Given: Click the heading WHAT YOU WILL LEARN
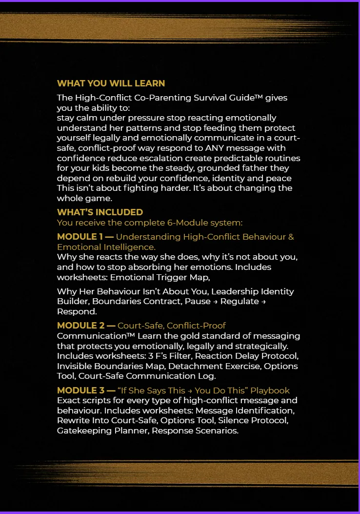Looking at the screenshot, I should (x=111, y=83).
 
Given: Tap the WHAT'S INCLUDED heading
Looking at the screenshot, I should (x=100, y=212).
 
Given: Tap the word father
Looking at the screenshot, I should (x=242, y=168).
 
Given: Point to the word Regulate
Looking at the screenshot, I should (x=239, y=301).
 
